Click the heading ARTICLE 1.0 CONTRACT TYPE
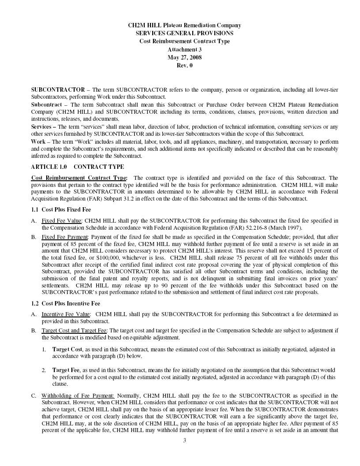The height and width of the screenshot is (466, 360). click(x=77, y=167)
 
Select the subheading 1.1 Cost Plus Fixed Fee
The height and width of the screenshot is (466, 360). click(x=61, y=209)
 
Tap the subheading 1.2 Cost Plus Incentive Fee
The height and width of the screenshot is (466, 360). click(x=65, y=303)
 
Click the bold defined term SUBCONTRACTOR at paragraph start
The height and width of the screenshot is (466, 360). click(x=58, y=89)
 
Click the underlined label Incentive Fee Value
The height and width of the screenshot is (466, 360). click(x=65, y=314)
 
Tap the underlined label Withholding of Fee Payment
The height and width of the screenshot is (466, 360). click(x=78, y=395)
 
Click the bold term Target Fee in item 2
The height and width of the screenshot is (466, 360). click(x=66, y=370)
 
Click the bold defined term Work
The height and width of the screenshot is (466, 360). click(x=38, y=142)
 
